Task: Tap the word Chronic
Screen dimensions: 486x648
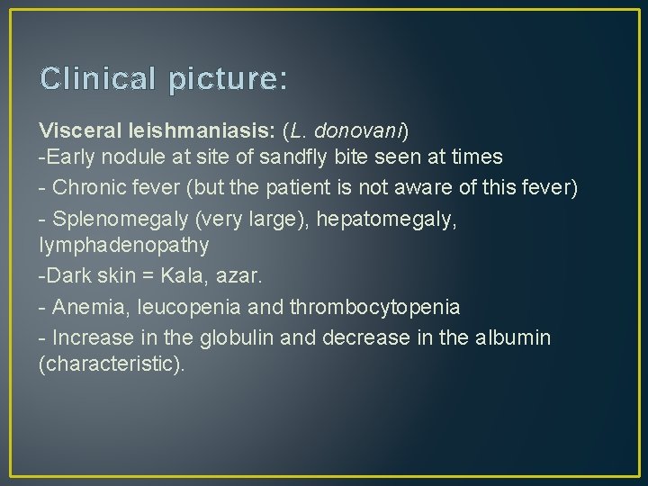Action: click(92, 188)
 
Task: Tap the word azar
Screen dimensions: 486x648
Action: click(229, 275)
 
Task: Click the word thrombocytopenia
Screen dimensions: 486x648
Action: click(374, 307)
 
